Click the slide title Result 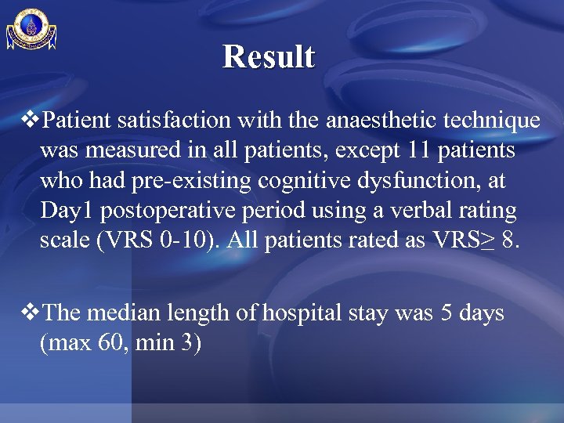(x=269, y=56)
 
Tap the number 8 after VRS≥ (x=510, y=241)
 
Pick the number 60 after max (x=103, y=343)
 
